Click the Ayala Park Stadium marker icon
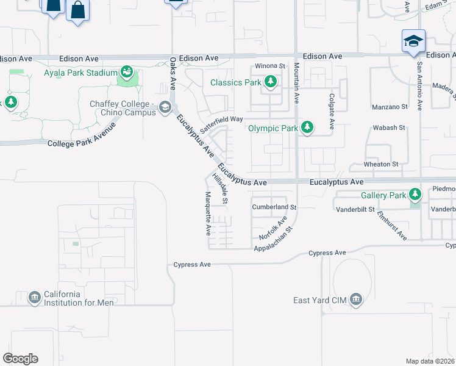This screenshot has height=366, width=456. [x=127, y=73]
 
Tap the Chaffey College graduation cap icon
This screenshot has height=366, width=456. [x=165, y=108]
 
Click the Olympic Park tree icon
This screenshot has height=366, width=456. [x=308, y=128]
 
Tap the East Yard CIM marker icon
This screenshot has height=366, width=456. [x=357, y=300]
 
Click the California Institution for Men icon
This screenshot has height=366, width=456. [x=34, y=298]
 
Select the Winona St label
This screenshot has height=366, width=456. [x=270, y=66]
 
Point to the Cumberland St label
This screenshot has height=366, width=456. [x=274, y=207]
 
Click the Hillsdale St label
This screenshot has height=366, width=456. [x=220, y=189]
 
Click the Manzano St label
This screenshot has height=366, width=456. [x=390, y=107]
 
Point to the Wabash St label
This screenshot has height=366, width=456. [x=390, y=127]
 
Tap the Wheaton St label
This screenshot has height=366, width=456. [x=381, y=164]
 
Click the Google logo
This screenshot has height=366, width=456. [x=20, y=359]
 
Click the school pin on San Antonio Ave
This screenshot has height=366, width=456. [x=413, y=41]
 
